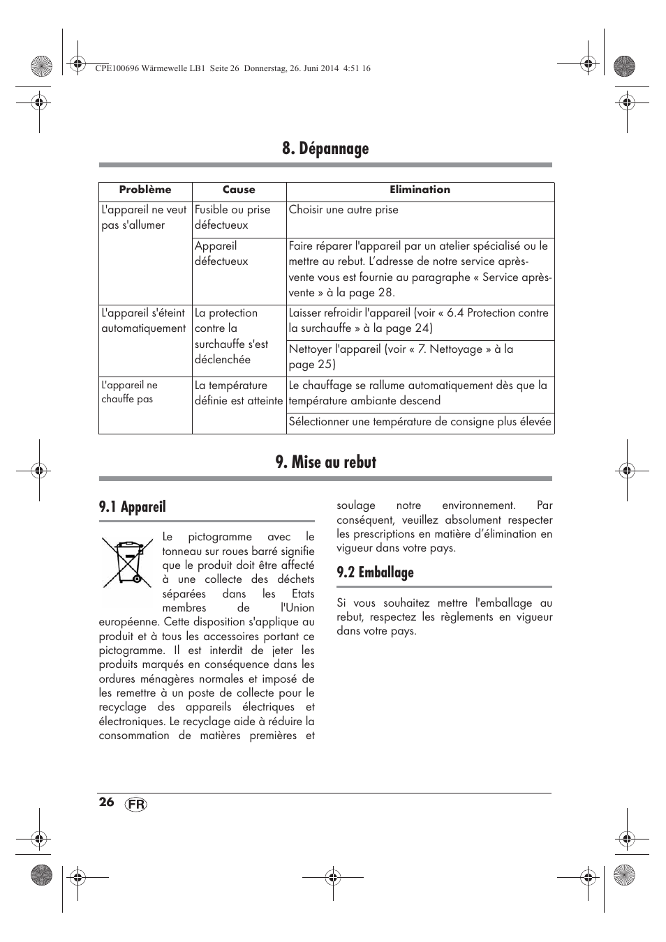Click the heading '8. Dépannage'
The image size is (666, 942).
pos(325,149)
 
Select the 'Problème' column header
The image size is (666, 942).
pos(145,190)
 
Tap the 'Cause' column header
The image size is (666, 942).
pos(239,190)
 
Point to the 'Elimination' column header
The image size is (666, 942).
pos(420,190)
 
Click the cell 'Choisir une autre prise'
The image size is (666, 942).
pos(343,210)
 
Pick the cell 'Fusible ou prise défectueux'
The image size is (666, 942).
pos(232,218)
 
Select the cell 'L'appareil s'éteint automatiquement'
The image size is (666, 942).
pos(144,321)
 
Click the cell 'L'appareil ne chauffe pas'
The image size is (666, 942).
pos(130,392)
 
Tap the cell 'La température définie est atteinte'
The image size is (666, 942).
pos(239,393)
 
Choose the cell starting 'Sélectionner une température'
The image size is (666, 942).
pos(420,421)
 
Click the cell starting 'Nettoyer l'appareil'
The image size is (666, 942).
pos(401,356)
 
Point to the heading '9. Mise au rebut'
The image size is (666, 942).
pos(325,462)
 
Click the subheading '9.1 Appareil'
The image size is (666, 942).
pos(133,507)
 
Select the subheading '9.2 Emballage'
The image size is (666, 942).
pos(375,572)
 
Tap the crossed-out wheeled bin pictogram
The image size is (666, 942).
pos(126,562)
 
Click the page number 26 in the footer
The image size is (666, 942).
pos(106,802)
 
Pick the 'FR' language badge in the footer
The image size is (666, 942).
pos(137,804)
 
